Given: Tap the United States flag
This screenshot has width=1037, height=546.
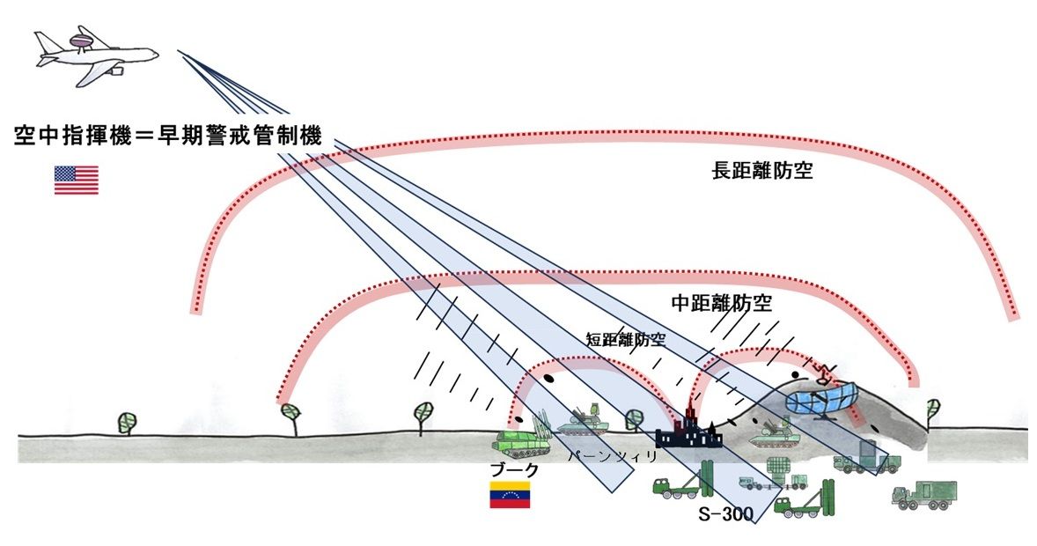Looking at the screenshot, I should coord(77,180).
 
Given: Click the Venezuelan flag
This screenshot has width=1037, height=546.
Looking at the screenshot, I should coord(509,495).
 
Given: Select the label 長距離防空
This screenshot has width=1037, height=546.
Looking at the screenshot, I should coord(761,172).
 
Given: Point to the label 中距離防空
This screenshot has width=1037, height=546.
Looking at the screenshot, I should coord(721,304).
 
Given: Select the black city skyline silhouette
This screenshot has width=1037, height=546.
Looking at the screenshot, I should coord(688,432).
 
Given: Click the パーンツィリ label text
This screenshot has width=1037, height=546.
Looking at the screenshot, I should coord(601,457).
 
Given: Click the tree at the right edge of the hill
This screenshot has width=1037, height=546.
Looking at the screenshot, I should coord(932,409).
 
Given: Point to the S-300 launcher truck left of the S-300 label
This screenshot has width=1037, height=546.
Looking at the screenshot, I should coord(681,483).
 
